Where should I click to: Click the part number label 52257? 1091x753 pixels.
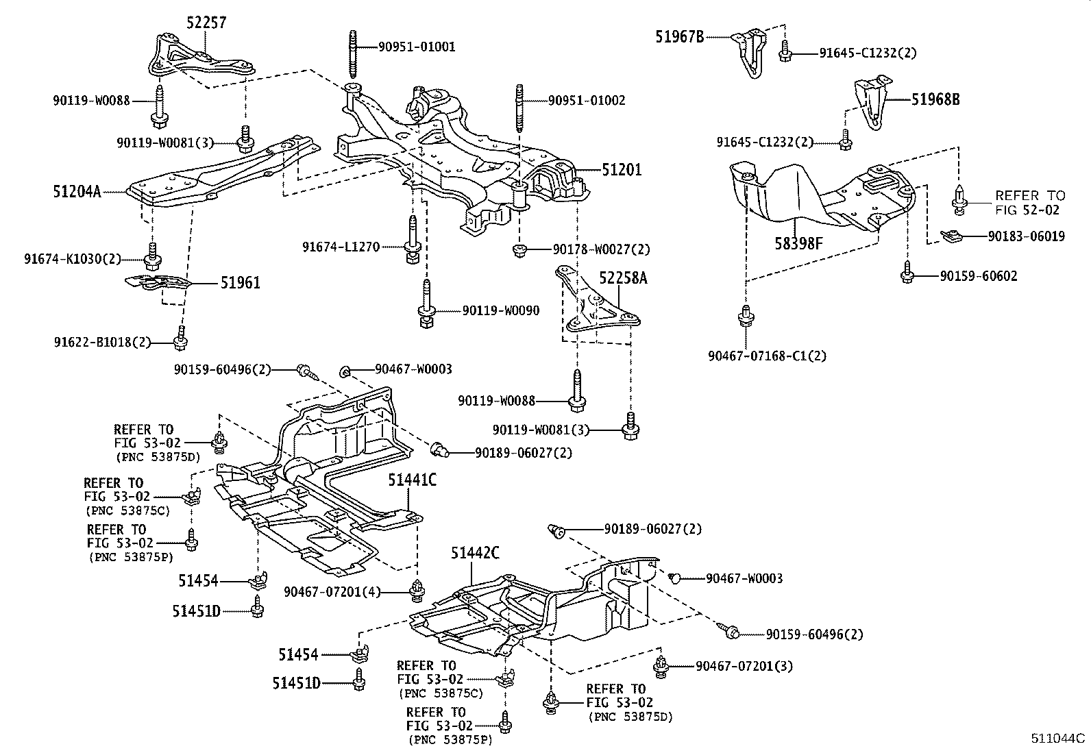[x=206, y=23]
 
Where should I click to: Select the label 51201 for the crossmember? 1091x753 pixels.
[x=622, y=169]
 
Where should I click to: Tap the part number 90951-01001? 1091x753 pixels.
[x=416, y=47]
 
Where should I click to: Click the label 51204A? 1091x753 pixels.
[x=77, y=191]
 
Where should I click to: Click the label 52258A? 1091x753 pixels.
[x=623, y=277]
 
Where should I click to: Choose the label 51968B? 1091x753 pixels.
[x=935, y=99]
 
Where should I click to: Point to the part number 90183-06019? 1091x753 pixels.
[x=1027, y=236]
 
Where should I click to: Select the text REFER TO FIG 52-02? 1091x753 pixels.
[x=1030, y=203]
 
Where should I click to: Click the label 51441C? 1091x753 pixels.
[x=412, y=480]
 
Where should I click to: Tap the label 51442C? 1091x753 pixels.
[x=475, y=553]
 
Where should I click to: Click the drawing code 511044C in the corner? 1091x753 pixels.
[x=1059, y=739]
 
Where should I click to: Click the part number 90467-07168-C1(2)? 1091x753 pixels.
[x=767, y=356]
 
